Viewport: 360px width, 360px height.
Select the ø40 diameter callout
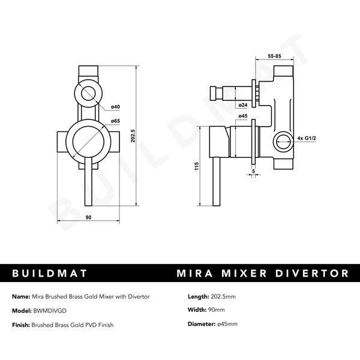point(115,107)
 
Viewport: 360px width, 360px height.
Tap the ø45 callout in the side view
point(243,116)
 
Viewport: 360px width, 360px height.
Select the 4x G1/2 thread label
point(307,139)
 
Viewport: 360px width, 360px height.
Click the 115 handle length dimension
point(197,166)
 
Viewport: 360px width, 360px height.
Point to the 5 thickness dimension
point(254,170)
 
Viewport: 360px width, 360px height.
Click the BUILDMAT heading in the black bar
point(50,274)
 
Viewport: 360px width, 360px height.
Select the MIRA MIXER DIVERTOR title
point(263,274)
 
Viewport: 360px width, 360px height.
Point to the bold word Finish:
point(22,325)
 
